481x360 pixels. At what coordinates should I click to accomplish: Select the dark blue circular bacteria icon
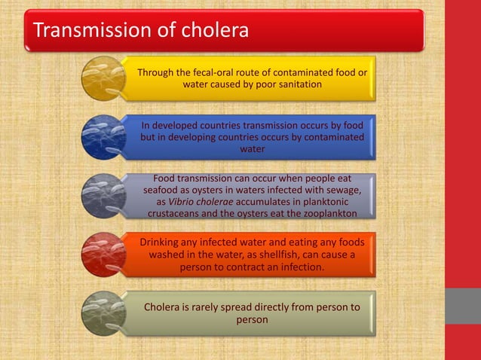[x=103, y=136]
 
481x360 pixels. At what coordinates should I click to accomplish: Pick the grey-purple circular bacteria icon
[x=103, y=195]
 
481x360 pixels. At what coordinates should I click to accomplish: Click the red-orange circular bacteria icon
[x=103, y=255]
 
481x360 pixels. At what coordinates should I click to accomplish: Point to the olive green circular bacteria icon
[x=103, y=313]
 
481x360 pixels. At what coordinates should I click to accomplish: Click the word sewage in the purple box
[x=342, y=190]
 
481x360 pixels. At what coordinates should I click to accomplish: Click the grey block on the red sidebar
[x=463, y=306]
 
